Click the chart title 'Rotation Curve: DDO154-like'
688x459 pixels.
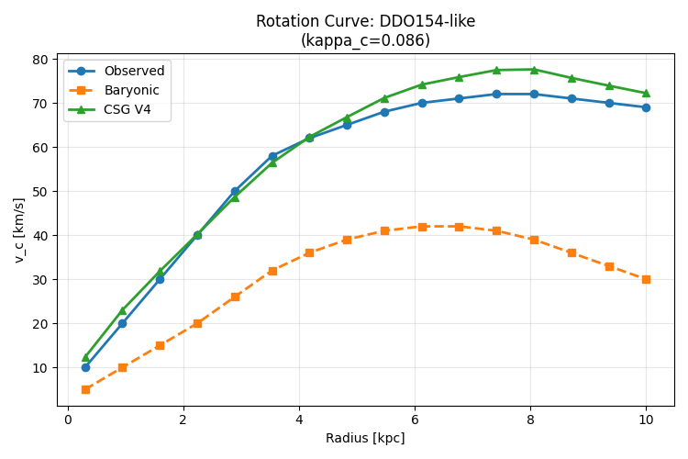click(365, 21)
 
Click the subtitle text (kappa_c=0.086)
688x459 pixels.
click(365, 40)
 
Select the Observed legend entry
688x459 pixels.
click(116, 71)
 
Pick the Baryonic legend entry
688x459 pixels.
click(113, 90)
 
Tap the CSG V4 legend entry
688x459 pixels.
click(109, 109)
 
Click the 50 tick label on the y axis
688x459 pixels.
click(40, 192)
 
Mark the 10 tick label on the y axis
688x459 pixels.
click(40, 367)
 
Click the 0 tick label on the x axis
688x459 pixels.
click(69, 420)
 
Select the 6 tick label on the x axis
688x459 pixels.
click(415, 420)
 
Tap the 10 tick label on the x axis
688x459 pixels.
click(646, 420)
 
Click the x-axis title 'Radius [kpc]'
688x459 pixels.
click(365, 438)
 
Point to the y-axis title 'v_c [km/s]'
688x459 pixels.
click(19, 230)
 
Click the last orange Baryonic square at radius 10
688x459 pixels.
click(646, 279)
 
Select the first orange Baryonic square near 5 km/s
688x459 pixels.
click(85, 389)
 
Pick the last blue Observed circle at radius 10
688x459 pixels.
click(646, 107)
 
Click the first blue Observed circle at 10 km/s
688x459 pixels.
click(85, 367)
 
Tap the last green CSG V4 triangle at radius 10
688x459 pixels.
click(646, 93)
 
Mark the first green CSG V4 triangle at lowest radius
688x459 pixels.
click(85, 357)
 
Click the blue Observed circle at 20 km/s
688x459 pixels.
click(122, 323)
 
